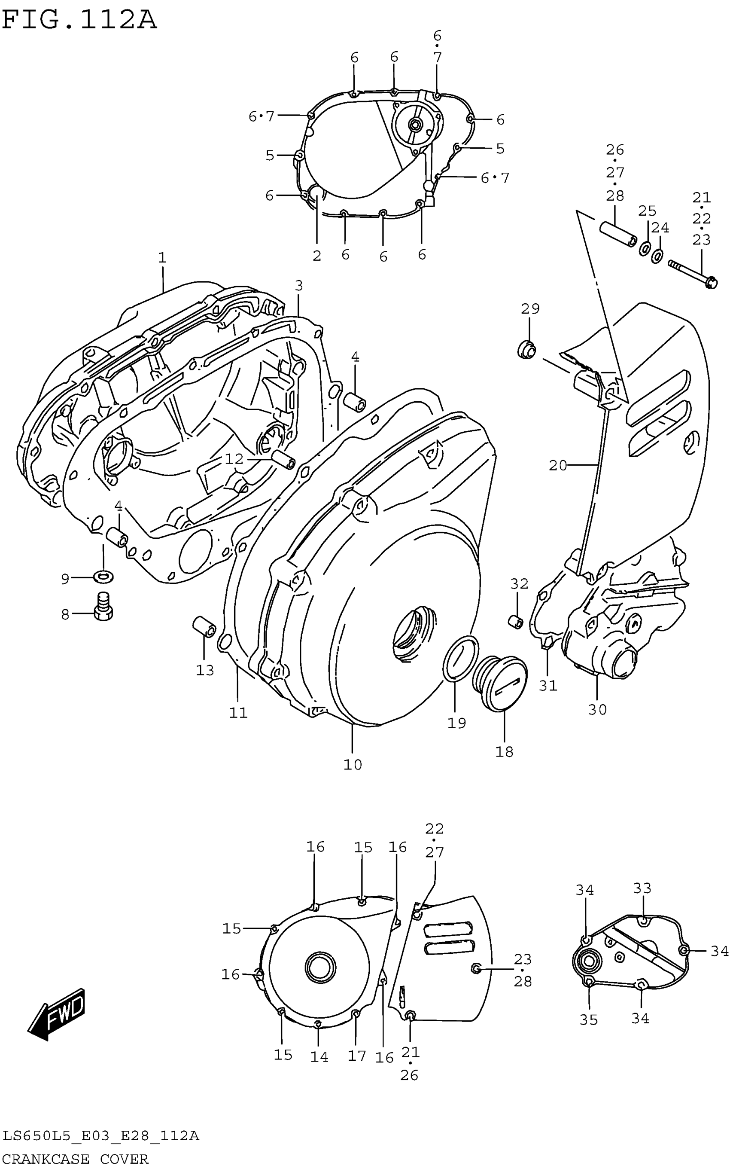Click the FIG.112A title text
tap(80, 20)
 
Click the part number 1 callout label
tap(162, 257)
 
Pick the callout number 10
tap(353, 764)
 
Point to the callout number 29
tap(530, 308)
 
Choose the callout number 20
tap(558, 466)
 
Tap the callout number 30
tap(597, 709)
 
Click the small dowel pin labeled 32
tap(516, 623)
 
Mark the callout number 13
tap(205, 670)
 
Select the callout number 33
tap(642, 888)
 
